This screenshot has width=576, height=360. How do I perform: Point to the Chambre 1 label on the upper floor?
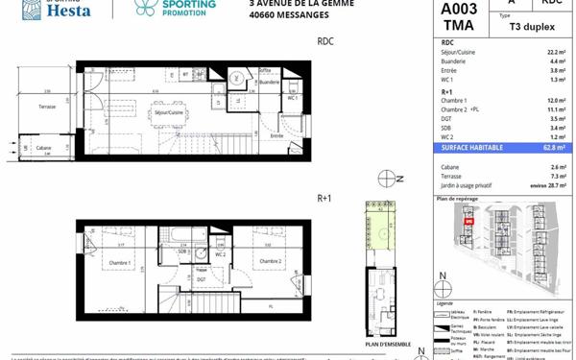tap(119, 262)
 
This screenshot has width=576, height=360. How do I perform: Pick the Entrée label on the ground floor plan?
tap(276, 136)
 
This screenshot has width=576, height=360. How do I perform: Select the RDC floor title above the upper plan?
tap(325, 42)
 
